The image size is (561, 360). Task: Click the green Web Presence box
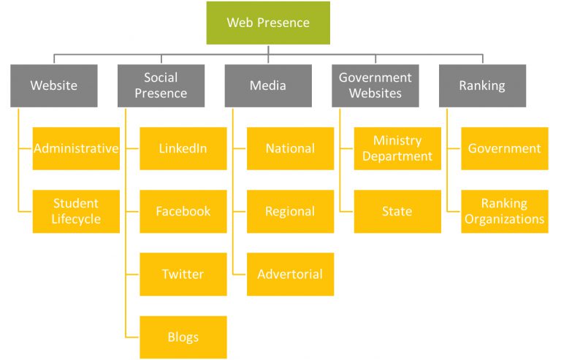(x=268, y=23)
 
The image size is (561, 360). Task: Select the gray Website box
(x=54, y=85)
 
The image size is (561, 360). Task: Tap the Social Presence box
(x=161, y=85)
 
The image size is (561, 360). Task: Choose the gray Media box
(x=268, y=85)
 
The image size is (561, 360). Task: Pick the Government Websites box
(x=375, y=85)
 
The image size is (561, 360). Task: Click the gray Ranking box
(x=482, y=85)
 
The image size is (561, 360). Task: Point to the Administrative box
(x=76, y=148)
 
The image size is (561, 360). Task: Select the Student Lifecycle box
(x=76, y=211)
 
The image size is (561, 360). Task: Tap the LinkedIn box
(x=183, y=148)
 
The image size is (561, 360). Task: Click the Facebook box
(x=183, y=211)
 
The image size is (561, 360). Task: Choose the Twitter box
(x=183, y=274)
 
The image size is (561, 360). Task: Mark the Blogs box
(x=183, y=337)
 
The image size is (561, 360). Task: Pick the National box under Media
(x=290, y=148)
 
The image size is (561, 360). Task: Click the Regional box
(x=290, y=211)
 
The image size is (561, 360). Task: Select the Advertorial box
(x=290, y=274)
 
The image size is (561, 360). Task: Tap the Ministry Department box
(x=397, y=148)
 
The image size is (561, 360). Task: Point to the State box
(x=397, y=211)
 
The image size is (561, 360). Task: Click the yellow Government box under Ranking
(x=505, y=148)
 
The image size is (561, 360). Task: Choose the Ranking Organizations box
(x=505, y=211)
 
